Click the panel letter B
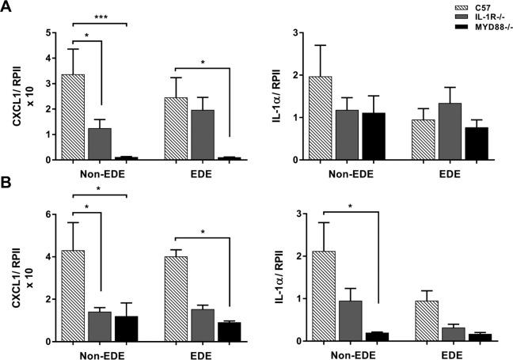point(7,190)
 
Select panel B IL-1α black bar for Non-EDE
point(370,337)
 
